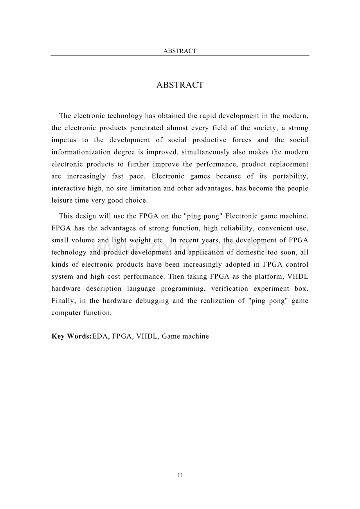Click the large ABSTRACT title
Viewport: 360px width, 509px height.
[x=180, y=85]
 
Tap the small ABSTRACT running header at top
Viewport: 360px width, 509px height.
[x=180, y=51]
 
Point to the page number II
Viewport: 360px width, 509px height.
[x=180, y=475]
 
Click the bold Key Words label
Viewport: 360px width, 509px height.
[x=71, y=336]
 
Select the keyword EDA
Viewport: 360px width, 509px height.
[x=100, y=336]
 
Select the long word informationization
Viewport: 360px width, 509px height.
[x=79, y=152]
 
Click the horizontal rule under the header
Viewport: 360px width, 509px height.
[x=180, y=55]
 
